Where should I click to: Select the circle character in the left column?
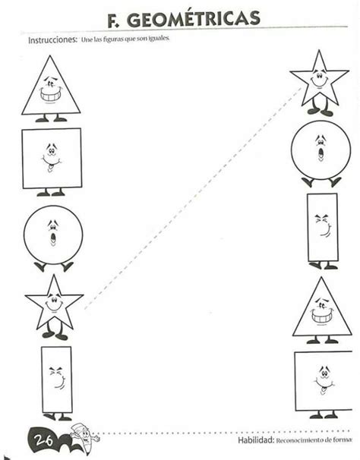[53, 238]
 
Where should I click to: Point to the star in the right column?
[319, 82]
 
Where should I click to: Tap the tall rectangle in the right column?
[323, 230]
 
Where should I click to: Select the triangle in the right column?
[322, 310]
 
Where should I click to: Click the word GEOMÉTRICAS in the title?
[194, 19]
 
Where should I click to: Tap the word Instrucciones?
[52, 40]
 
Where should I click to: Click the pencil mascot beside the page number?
[84, 438]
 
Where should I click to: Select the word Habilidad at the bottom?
[255, 440]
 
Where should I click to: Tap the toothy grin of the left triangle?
[50, 95]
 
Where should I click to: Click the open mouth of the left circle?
[53, 238]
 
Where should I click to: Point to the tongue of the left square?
[50, 168]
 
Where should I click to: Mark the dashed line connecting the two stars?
[193, 198]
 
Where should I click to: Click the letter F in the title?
[113, 20]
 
